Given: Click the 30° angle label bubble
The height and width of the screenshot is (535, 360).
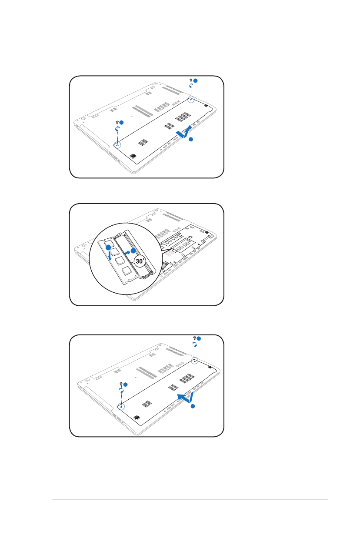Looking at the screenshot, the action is click(x=140, y=261).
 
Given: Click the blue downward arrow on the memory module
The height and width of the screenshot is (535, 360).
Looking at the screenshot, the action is click(x=109, y=256).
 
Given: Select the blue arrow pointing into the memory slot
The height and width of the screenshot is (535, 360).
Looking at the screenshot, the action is click(x=128, y=252).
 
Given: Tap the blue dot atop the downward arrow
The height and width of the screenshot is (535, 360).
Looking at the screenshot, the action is click(x=108, y=247).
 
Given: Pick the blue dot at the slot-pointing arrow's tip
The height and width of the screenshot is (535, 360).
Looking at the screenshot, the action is click(x=133, y=251).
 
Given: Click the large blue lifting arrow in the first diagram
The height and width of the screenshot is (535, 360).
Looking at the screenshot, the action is click(x=184, y=132).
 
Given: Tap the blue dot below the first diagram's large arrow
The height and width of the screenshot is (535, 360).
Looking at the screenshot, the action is click(x=191, y=139).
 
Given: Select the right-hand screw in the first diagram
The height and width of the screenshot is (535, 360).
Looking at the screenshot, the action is click(x=191, y=80).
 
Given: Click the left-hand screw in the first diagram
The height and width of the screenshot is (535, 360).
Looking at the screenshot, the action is click(x=117, y=122).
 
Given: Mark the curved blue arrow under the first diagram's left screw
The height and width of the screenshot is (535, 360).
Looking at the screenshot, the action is click(x=117, y=129).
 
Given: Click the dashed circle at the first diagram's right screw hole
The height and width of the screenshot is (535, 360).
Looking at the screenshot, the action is click(x=191, y=99).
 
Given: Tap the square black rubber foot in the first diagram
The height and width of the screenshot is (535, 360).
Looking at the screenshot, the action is click(x=133, y=156).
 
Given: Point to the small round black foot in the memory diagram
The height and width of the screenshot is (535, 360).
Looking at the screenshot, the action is click(x=207, y=232).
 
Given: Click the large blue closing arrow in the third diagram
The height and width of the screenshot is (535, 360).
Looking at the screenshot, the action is click(x=186, y=398).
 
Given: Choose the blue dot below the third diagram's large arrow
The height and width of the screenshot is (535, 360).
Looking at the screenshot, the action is click(x=193, y=406).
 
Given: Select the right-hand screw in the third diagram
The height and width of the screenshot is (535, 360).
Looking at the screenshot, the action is click(x=194, y=338).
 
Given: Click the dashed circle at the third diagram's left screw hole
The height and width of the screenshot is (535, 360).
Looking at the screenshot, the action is click(x=121, y=406).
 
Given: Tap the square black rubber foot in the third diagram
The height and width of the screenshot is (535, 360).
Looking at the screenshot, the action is click(x=137, y=418).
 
